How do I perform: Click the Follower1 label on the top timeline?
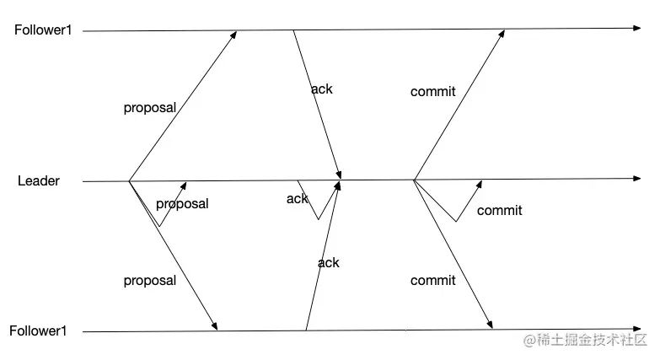tap(42, 30)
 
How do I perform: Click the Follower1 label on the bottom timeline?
tap(38, 331)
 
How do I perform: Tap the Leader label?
tap(39, 180)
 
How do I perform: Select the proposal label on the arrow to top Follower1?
tap(150, 108)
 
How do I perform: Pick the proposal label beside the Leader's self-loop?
tap(182, 203)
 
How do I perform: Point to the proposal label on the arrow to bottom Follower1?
tap(150, 280)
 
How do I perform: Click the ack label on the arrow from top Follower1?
tap(322, 89)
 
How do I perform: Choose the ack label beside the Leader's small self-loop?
tap(297, 199)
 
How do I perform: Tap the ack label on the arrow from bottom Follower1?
tap(329, 262)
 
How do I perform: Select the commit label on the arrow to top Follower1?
tap(433, 91)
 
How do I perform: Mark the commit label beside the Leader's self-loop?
tap(500, 211)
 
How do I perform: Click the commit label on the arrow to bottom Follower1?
tap(433, 280)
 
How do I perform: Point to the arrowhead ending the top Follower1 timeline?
tap(636, 29)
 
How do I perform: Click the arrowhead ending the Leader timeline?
tap(636, 179)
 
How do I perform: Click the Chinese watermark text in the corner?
tap(585, 341)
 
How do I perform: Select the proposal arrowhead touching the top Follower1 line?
tap(235, 34)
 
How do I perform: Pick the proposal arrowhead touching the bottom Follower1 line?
tap(216, 327)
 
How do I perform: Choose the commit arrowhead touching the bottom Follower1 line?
tap(490, 325)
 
